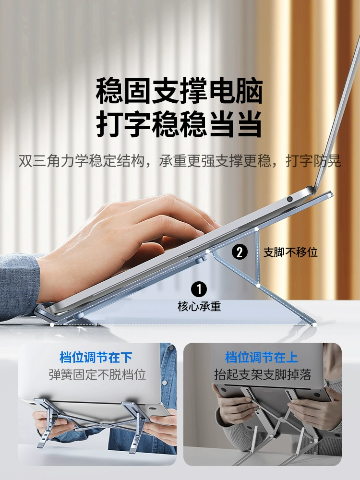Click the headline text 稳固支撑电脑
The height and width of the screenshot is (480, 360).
[x=180, y=91]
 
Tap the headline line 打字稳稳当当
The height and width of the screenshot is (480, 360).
[x=180, y=124]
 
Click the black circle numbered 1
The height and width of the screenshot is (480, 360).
[x=199, y=289]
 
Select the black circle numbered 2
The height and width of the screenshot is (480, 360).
[x=240, y=252]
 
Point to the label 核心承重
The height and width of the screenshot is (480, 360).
[x=199, y=306]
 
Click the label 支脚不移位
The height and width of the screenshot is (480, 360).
[x=291, y=252]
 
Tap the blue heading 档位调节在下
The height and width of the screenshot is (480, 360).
[x=96, y=357]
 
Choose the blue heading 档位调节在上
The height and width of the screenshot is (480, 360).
[x=262, y=357]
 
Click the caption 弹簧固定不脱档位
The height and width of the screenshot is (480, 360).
[x=97, y=374]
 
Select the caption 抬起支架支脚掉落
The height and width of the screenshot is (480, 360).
[x=263, y=374]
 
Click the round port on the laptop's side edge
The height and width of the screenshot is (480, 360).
[x=289, y=199]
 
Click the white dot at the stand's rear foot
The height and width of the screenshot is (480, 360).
[x=314, y=325]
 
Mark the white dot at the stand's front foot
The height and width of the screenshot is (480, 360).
[x=52, y=324]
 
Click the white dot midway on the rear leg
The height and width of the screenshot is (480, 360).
[x=258, y=286]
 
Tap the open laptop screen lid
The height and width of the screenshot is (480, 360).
[x=337, y=116]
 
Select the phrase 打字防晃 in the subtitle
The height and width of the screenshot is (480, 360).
[x=313, y=161]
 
